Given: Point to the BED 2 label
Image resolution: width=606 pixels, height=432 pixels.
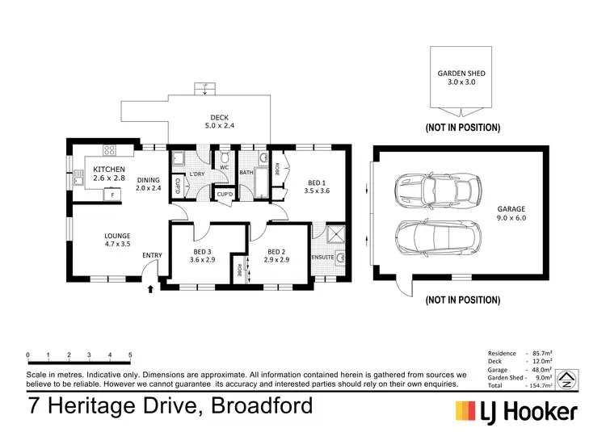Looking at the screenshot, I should pyautogui.click(x=276, y=256).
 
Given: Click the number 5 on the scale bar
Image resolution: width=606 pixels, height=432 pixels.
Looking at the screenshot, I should pyautogui.click(x=130, y=355).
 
